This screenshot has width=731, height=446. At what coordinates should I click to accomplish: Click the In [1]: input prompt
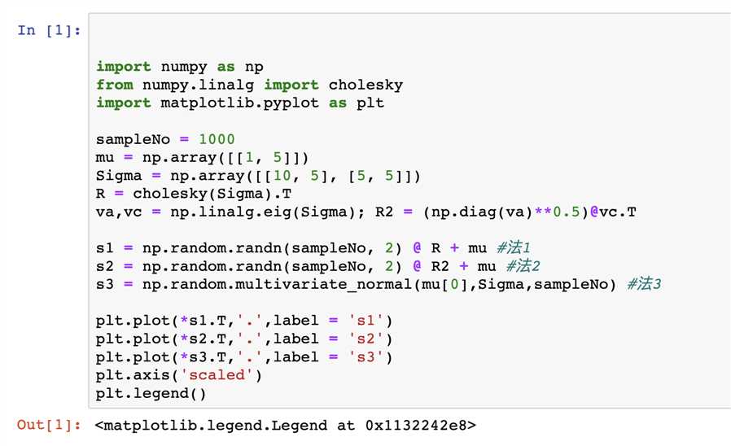coord(49,31)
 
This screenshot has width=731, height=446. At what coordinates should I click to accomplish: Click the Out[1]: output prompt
coord(49,425)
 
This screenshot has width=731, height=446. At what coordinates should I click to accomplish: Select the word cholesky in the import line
coord(365,85)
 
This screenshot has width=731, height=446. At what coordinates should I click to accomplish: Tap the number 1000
coord(217,139)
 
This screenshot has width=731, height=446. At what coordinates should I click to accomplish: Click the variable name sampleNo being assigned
coord(133,139)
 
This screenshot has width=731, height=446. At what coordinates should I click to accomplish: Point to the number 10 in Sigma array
coord(282,176)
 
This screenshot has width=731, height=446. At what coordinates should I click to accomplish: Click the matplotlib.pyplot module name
coord(239,103)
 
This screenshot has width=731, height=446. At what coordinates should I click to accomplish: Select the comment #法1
coord(514,247)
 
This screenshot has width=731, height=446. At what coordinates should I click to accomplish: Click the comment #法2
coord(523,266)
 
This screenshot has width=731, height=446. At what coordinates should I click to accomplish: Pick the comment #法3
coord(644,284)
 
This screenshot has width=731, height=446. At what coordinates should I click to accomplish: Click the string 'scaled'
coord(217,374)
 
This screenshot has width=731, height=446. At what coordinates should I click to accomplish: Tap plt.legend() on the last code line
coord(151,394)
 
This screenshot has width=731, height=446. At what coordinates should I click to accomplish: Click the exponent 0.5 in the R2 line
coord(567,212)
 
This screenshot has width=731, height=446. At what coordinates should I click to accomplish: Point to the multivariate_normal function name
coord(323,284)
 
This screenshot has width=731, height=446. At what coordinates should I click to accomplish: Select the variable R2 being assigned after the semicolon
coord(384,212)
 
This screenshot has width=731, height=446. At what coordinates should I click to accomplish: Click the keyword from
coord(114,85)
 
